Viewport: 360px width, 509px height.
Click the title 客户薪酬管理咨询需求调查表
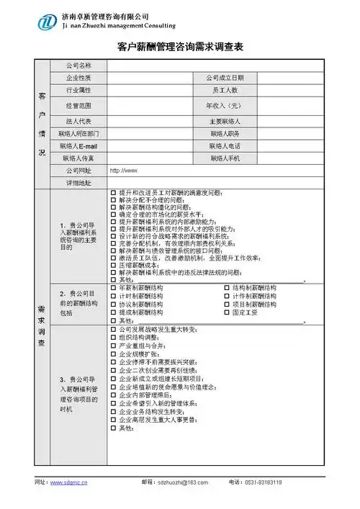tap(180, 47)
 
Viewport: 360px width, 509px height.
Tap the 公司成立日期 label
tap(225, 78)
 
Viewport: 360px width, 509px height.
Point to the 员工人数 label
tap(225, 91)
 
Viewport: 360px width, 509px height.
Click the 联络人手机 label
tap(225, 158)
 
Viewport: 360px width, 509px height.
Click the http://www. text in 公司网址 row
tap(122, 171)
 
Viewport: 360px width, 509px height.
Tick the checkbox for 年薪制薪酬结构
tap(113, 287)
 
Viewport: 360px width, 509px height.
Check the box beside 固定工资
tap(227, 312)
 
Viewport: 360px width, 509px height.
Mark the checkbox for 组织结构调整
tap(113, 336)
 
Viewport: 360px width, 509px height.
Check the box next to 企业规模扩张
tap(113, 355)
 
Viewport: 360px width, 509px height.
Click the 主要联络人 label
tap(225, 121)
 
